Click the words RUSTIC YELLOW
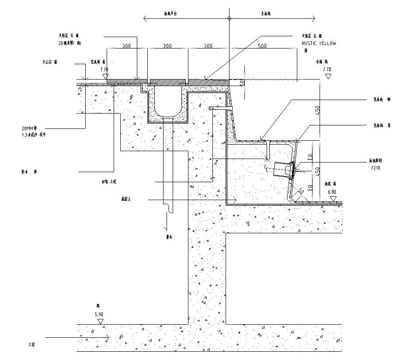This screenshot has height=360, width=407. click(x=319, y=44)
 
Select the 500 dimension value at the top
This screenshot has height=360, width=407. click(x=262, y=46)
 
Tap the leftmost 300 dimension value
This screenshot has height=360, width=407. click(x=126, y=46)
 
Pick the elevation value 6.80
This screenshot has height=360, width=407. click(x=332, y=192)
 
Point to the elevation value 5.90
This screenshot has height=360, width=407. click(x=100, y=314)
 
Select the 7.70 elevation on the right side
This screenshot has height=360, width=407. click(x=327, y=69)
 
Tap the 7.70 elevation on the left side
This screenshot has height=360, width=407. click(x=104, y=69)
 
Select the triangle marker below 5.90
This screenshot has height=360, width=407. click(x=101, y=321)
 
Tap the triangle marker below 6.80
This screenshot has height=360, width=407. click(x=333, y=199)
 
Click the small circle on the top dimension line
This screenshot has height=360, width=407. click(x=229, y=18)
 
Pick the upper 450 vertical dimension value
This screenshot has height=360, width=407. click(x=318, y=110)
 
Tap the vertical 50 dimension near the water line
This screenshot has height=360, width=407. click(x=242, y=83)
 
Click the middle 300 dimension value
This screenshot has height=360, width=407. click(x=167, y=46)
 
